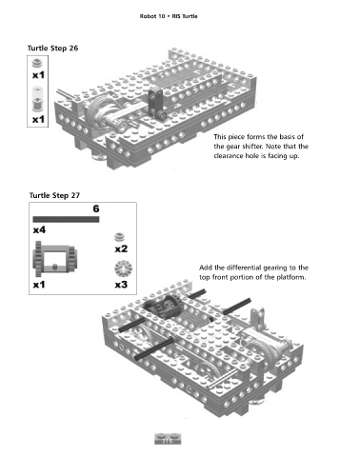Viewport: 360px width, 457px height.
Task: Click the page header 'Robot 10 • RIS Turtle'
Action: pos(169,16)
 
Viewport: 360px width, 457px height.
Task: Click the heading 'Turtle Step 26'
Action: pos(52,49)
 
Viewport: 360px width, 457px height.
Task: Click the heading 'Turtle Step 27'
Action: pos(54,195)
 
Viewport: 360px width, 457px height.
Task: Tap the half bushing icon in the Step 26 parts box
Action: pos(37,63)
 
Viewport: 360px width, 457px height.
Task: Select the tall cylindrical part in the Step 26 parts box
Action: pos(37,99)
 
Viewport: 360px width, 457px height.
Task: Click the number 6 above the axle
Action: pos(96,209)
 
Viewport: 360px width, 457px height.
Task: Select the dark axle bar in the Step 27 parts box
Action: pos(66,219)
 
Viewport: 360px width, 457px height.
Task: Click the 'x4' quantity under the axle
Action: pos(39,229)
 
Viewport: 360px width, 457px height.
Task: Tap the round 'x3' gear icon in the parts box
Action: pos(124,268)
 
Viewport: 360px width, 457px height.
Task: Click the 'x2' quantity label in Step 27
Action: pos(121,248)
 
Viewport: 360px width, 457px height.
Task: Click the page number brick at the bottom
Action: pos(168,439)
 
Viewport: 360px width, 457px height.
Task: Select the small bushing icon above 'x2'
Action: pos(119,237)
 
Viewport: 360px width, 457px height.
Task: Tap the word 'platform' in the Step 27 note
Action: pos(291,277)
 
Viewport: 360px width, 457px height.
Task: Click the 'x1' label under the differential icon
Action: pos(39,285)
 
